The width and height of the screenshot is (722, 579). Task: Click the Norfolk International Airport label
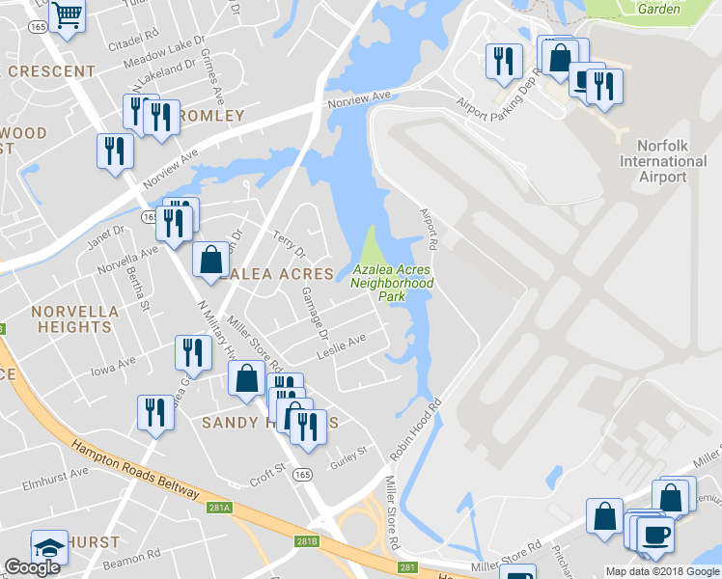663,161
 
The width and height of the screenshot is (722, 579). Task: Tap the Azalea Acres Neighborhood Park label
392,284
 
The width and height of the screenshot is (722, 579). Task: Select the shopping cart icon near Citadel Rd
68,14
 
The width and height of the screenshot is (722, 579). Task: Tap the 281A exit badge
219,507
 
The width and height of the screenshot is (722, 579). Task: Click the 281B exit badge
307,542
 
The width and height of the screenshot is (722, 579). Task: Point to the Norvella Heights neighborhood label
74,319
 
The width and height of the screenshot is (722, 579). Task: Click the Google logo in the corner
32,567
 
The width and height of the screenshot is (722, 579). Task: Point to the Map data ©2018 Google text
661,571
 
